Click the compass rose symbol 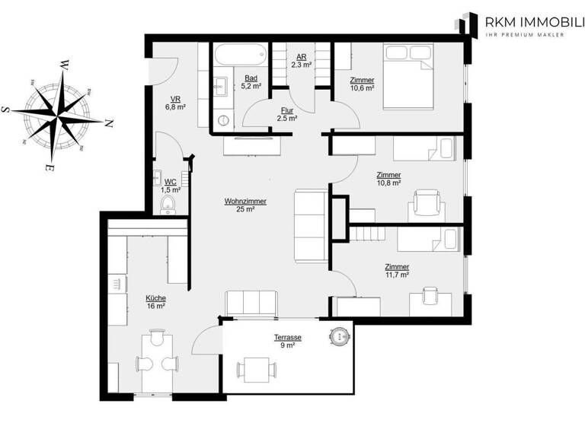(58, 114)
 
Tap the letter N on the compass (109, 122)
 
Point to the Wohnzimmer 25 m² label (245, 205)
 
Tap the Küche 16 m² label (155, 302)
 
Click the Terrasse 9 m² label (288, 340)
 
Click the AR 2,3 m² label (301, 62)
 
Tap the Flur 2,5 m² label (286, 114)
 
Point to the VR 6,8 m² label (175, 103)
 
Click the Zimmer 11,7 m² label (397, 271)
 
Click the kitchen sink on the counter (116, 284)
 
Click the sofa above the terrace (250, 302)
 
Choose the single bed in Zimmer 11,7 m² (429, 240)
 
